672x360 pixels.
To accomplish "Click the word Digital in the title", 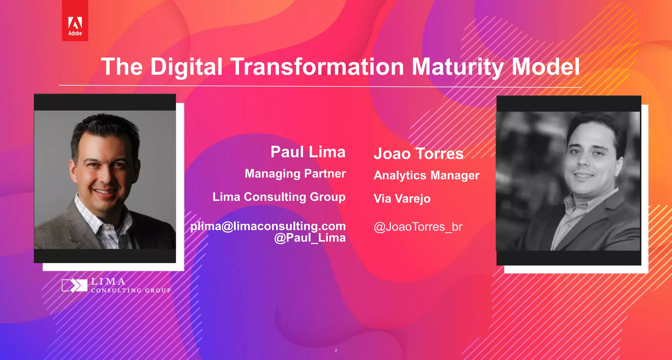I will (x=186, y=67).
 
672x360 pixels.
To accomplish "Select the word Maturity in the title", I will (x=457, y=67).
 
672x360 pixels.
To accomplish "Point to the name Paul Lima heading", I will (x=308, y=152).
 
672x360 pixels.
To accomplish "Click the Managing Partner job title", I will (x=295, y=174).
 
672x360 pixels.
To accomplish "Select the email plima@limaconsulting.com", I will (x=268, y=226).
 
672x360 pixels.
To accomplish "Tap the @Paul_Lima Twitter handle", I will (x=310, y=238).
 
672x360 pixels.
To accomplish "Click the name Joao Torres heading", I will (x=418, y=154).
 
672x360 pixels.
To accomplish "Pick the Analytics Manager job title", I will (x=426, y=175).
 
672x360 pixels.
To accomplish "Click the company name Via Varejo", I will (x=402, y=199).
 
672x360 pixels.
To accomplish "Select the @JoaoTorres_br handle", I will (x=418, y=227).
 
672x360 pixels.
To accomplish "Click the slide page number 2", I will (x=336, y=350).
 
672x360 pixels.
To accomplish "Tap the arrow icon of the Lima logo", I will (x=75, y=285).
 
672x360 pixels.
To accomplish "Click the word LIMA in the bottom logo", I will (x=108, y=282).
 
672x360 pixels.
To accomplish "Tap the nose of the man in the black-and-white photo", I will (x=583, y=160).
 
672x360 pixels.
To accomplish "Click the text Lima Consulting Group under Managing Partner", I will (x=279, y=197).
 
